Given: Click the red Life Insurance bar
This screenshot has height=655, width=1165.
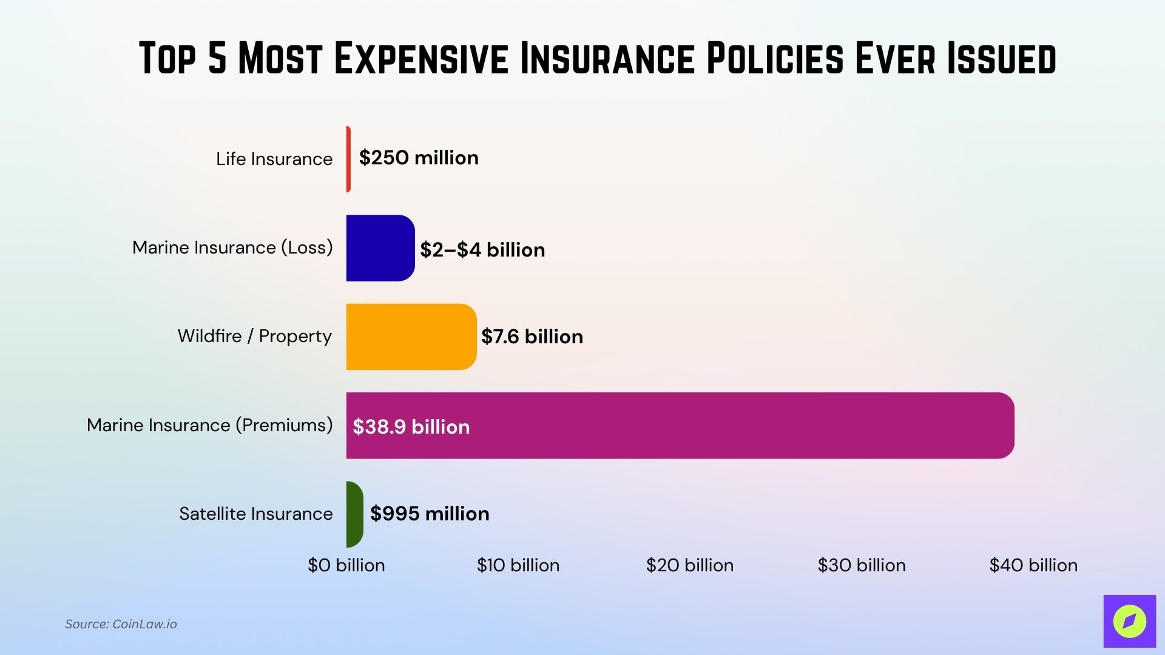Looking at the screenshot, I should coord(348,159).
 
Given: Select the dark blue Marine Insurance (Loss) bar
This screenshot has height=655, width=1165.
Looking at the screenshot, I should coord(380,248).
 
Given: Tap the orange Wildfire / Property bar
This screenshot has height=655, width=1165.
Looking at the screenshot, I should coord(411,337).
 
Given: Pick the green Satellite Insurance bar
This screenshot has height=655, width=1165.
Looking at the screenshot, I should coord(354,514).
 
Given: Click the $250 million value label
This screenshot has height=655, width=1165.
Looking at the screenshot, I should coord(419,158).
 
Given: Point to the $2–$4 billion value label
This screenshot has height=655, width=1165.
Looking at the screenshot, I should coord(482,250).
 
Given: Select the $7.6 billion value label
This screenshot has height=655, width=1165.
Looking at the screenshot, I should coord(532,337).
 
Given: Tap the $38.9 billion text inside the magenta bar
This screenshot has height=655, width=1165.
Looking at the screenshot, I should coord(411,427).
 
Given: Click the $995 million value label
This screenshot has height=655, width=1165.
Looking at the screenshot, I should coord(430,514).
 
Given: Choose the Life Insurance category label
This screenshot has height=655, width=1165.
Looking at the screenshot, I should coord(274,159).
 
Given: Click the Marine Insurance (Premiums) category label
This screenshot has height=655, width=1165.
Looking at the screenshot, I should coord(210,425).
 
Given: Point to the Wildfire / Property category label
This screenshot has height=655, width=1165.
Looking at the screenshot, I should coord(255,336).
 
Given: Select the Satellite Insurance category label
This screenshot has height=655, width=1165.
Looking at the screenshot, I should coord(256,514).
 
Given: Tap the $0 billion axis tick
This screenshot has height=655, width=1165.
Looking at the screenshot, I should coord(346,565).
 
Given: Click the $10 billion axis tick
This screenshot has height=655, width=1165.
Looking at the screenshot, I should coord(518,565).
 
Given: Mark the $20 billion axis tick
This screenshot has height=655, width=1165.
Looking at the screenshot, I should coord(690,565).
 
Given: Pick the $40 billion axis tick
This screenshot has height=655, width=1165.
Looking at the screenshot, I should coord(1033,565).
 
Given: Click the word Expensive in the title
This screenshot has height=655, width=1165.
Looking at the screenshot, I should coord(421,59).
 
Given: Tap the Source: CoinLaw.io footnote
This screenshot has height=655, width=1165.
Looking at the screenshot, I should coord(121,624).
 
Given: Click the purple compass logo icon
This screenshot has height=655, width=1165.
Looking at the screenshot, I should coord(1129,621).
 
